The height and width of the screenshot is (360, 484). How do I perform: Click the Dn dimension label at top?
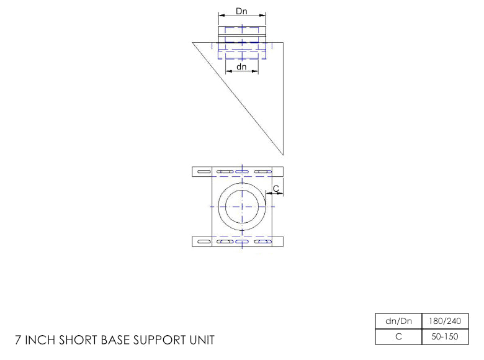[x=241, y=11]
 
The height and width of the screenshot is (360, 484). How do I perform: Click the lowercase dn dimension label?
[x=241, y=66]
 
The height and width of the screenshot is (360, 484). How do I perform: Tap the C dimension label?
[x=276, y=188]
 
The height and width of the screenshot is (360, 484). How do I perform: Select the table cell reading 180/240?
[x=445, y=321]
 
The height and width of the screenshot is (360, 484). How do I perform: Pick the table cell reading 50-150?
[x=445, y=336]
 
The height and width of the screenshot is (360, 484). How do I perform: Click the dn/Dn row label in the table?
[x=398, y=321]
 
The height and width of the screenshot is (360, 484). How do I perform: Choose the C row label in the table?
[x=398, y=336]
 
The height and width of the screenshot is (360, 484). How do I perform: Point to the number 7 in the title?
[x=18, y=340]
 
